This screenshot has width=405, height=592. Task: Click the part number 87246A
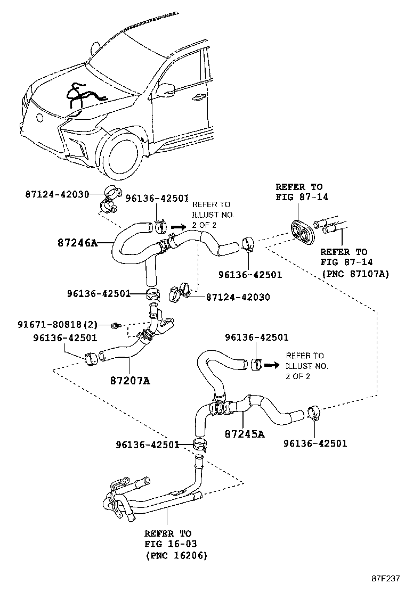point(77,243)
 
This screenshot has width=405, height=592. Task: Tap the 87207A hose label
point(130,381)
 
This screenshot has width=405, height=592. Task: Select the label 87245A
point(245,434)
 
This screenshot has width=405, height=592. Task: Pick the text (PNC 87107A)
point(355,274)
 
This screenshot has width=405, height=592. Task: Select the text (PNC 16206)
point(176,555)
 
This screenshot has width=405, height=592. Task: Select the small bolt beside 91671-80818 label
point(116,325)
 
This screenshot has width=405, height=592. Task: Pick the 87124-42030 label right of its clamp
point(238,297)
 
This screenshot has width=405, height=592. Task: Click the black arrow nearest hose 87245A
point(273,365)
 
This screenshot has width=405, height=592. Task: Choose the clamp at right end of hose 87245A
point(314,413)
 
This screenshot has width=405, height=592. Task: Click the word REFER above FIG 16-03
point(160,533)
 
